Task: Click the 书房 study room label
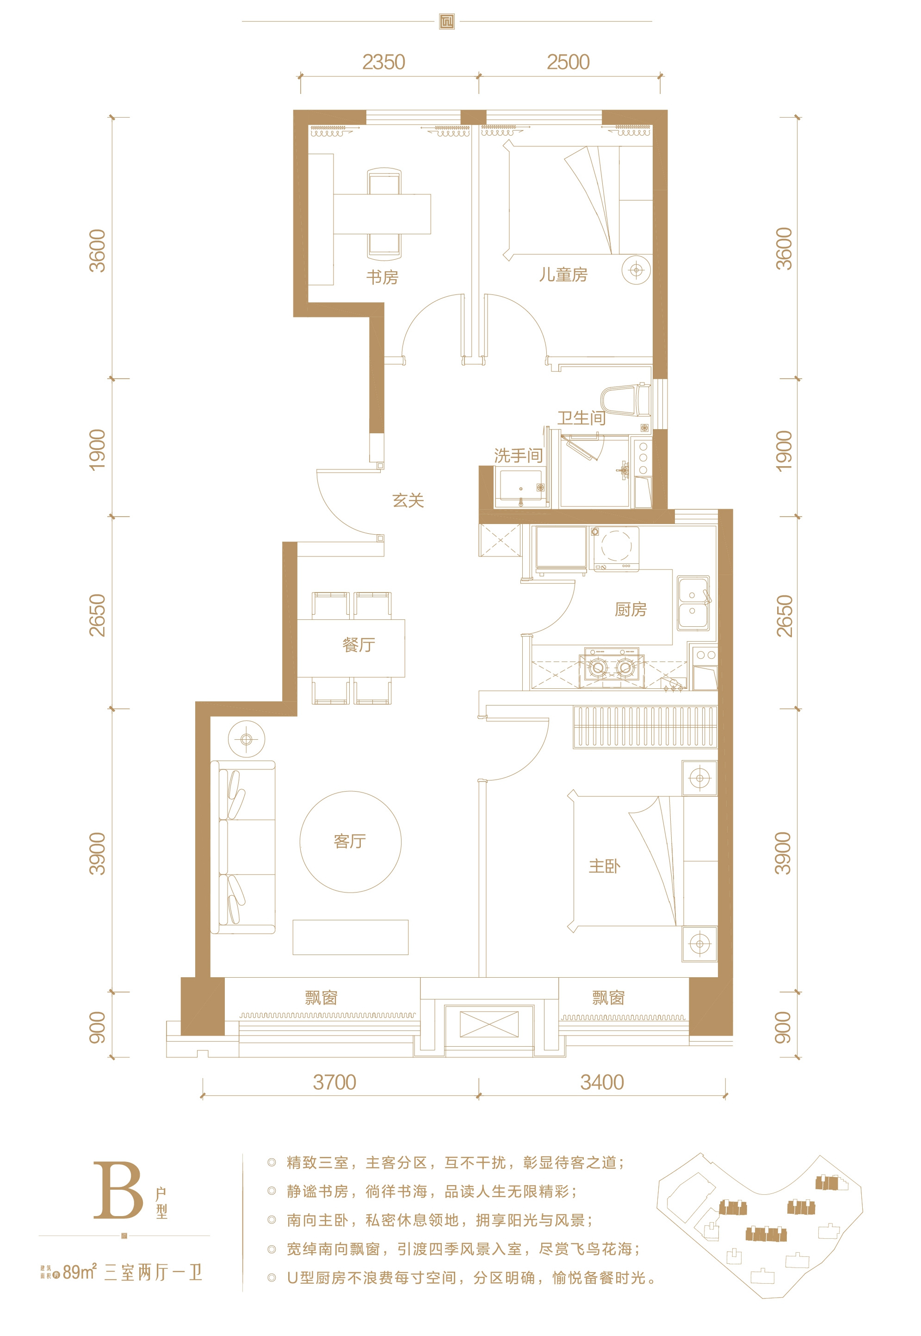click(x=382, y=277)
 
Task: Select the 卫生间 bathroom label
click(x=581, y=418)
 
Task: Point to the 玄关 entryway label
click(x=408, y=500)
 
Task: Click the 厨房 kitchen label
click(x=631, y=609)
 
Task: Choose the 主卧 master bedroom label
click(x=604, y=866)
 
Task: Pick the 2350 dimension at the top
click(x=384, y=62)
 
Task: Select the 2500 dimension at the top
click(x=569, y=62)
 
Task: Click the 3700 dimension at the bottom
click(x=335, y=1082)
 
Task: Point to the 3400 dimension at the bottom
click(x=602, y=1082)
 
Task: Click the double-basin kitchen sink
click(x=693, y=602)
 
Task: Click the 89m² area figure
click(x=80, y=1272)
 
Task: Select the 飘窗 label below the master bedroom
click(x=608, y=998)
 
